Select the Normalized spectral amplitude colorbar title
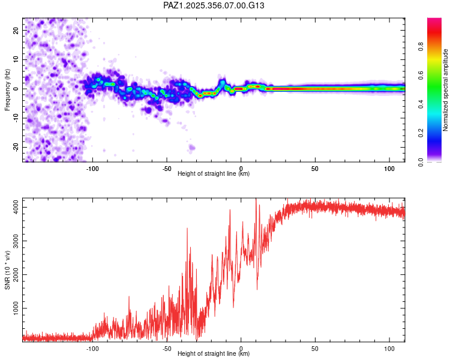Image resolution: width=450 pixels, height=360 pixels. point(446,90)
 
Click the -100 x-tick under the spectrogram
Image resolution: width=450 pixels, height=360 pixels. point(92,169)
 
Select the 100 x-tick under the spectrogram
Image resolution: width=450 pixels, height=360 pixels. point(389,169)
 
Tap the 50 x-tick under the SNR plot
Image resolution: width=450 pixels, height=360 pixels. point(315,349)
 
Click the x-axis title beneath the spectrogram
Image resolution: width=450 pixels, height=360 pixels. point(214,174)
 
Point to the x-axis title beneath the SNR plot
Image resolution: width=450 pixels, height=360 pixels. point(214,354)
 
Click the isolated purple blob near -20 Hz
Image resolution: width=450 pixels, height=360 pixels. point(192,147)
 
